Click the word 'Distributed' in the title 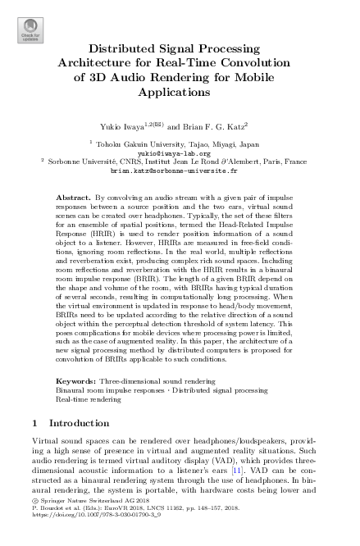pyautogui.click(x=121, y=49)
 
